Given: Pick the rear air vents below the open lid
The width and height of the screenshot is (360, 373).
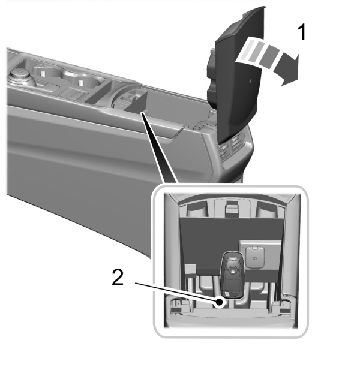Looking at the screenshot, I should [x=232, y=147].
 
